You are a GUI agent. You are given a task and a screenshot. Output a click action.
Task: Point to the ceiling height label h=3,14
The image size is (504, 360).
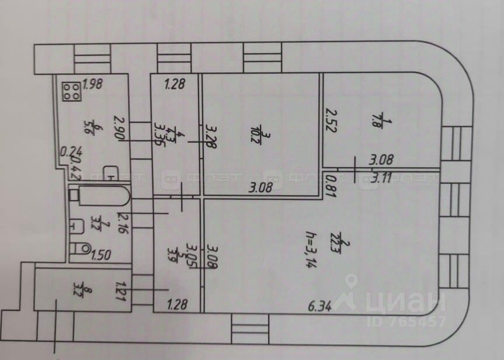[x=310, y=248]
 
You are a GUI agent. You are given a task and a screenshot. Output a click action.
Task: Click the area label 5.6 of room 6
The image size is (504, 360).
[x=89, y=126]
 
